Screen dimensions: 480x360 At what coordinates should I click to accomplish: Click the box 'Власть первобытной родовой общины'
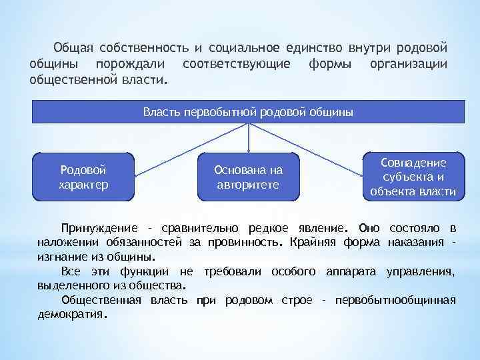pos(248,111)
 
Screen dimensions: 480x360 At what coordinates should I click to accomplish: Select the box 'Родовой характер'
pos(83,177)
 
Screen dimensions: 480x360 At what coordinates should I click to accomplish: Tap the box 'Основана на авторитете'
pos(248,177)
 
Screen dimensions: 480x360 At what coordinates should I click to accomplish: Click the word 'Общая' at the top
pos(73,49)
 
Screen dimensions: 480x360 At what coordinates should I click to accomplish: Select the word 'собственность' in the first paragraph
pos(144,49)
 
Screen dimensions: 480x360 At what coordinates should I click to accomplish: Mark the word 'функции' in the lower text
pos(144,271)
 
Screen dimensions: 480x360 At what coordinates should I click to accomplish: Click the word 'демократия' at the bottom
pos(70,315)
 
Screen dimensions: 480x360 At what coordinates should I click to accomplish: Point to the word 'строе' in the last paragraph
pos(297,300)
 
